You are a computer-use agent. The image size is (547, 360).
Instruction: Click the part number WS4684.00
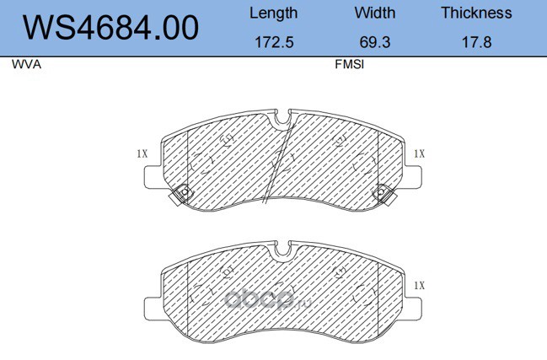pos(111,28)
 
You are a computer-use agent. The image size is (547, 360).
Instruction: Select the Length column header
pos(273,13)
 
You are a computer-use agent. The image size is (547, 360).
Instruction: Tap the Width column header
pos(375,13)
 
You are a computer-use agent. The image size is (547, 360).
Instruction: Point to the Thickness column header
pos(476,13)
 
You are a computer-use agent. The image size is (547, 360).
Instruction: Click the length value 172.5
pos(274,42)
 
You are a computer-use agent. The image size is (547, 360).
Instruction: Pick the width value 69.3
pos(375,42)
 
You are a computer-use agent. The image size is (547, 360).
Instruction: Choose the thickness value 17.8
pos(476,42)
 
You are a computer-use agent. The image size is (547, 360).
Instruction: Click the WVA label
pos(26,65)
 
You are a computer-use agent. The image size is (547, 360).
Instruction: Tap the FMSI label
pos(349,65)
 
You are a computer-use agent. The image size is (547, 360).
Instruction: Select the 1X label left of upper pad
pos(142,153)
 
